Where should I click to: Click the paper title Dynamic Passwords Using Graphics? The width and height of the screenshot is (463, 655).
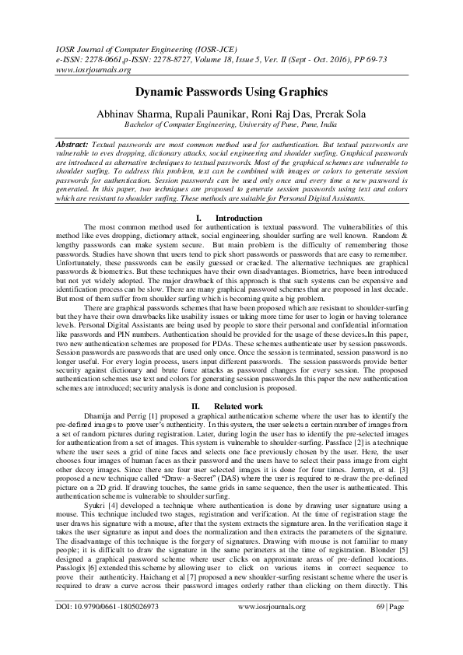[x=231, y=91]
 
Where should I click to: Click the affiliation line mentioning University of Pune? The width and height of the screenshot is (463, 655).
[x=231, y=124]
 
